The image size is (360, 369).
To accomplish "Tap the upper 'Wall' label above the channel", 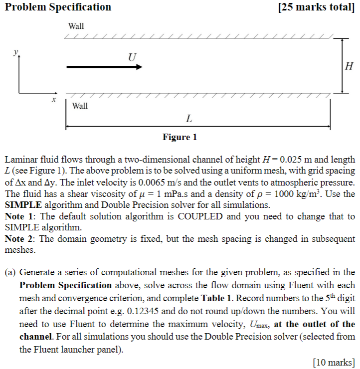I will pyautogui.click(x=76, y=26).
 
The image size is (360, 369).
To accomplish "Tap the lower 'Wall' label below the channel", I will pyautogui.click(x=80, y=106).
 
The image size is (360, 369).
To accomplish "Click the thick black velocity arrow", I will pyautogui.click(x=104, y=66).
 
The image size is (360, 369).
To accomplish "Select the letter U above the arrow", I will pyautogui.click(x=132, y=56).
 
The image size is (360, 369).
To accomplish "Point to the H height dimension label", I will pyautogui.click(x=349, y=66).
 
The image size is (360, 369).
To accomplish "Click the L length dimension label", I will pyautogui.click(x=189, y=119).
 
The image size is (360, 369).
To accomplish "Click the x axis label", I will pyautogui.click(x=53, y=99).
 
